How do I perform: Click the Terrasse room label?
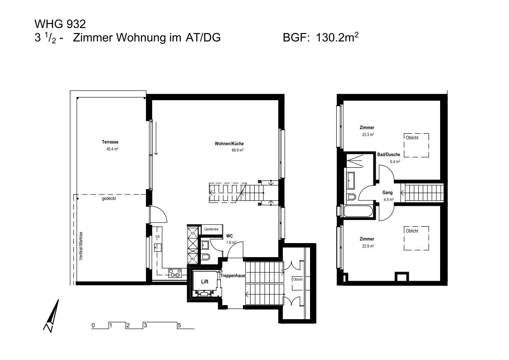(x=110, y=142)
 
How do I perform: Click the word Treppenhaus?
(x=233, y=275)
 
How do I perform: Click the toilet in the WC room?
(x=206, y=258)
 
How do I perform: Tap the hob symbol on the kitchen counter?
(x=175, y=273)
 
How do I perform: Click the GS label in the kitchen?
(x=157, y=237)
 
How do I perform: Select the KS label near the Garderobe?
(x=193, y=233)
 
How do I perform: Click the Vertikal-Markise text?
(x=81, y=245)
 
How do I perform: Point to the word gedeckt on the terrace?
(x=109, y=199)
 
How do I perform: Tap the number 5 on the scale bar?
(x=179, y=326)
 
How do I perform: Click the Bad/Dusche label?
(x=388, y=155)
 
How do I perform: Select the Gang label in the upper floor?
(x=388, y=193)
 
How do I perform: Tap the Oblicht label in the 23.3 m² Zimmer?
(x=412, y=138)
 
